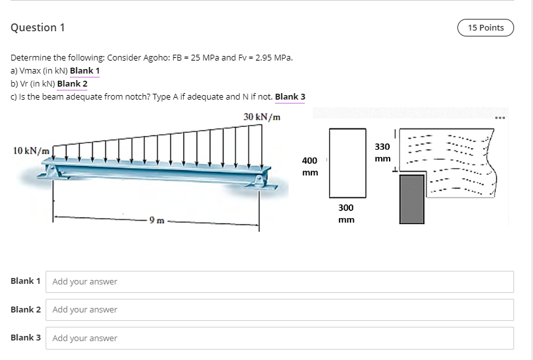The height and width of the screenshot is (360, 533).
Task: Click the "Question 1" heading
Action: [38, 27]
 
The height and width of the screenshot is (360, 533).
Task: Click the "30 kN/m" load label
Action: [263, 117]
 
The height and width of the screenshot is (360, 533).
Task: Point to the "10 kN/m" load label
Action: [31, 150]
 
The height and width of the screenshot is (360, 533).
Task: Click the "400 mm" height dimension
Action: [310, 166]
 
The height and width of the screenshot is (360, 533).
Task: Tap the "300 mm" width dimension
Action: [346, 214]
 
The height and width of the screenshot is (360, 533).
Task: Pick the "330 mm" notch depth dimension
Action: [382, 152]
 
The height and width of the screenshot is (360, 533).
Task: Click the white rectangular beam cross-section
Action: [347, 163]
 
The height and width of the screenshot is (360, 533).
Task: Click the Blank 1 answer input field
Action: [281, 281]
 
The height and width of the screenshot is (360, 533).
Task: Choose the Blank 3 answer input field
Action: [281, 338]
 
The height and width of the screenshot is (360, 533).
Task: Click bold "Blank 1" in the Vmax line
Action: [85, 70]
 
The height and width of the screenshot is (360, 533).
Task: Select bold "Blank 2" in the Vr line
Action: [72, 83]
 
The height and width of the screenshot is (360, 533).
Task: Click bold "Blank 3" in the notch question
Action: [290, 97]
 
